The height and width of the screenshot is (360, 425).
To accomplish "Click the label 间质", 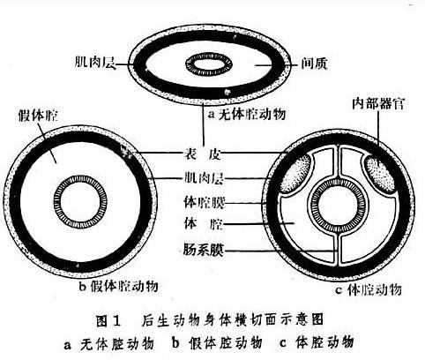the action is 314,63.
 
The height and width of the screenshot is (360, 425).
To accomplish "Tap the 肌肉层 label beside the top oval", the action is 95,62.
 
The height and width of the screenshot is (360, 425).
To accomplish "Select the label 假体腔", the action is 38,116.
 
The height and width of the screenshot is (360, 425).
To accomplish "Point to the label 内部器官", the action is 378,103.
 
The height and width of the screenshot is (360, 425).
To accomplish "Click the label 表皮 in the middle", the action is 202,154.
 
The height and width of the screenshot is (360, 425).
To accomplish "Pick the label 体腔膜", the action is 204,202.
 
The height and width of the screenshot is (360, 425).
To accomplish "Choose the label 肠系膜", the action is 203,250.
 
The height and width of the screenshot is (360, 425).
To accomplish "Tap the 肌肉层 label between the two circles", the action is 204,178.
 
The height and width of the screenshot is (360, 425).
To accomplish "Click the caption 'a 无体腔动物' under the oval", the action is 246,114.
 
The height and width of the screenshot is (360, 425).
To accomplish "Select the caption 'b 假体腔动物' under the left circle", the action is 119,285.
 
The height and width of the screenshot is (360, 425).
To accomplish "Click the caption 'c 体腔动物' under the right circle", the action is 369,289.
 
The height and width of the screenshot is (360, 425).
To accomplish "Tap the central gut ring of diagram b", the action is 80,177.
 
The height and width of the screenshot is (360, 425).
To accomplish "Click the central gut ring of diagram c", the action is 339,180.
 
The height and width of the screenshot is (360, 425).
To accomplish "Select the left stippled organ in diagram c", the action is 295,173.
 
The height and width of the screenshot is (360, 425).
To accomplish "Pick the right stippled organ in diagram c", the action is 381,173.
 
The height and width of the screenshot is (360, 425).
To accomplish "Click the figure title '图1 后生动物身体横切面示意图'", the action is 210,320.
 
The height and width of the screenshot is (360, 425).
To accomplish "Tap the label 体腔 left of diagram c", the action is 203,223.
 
